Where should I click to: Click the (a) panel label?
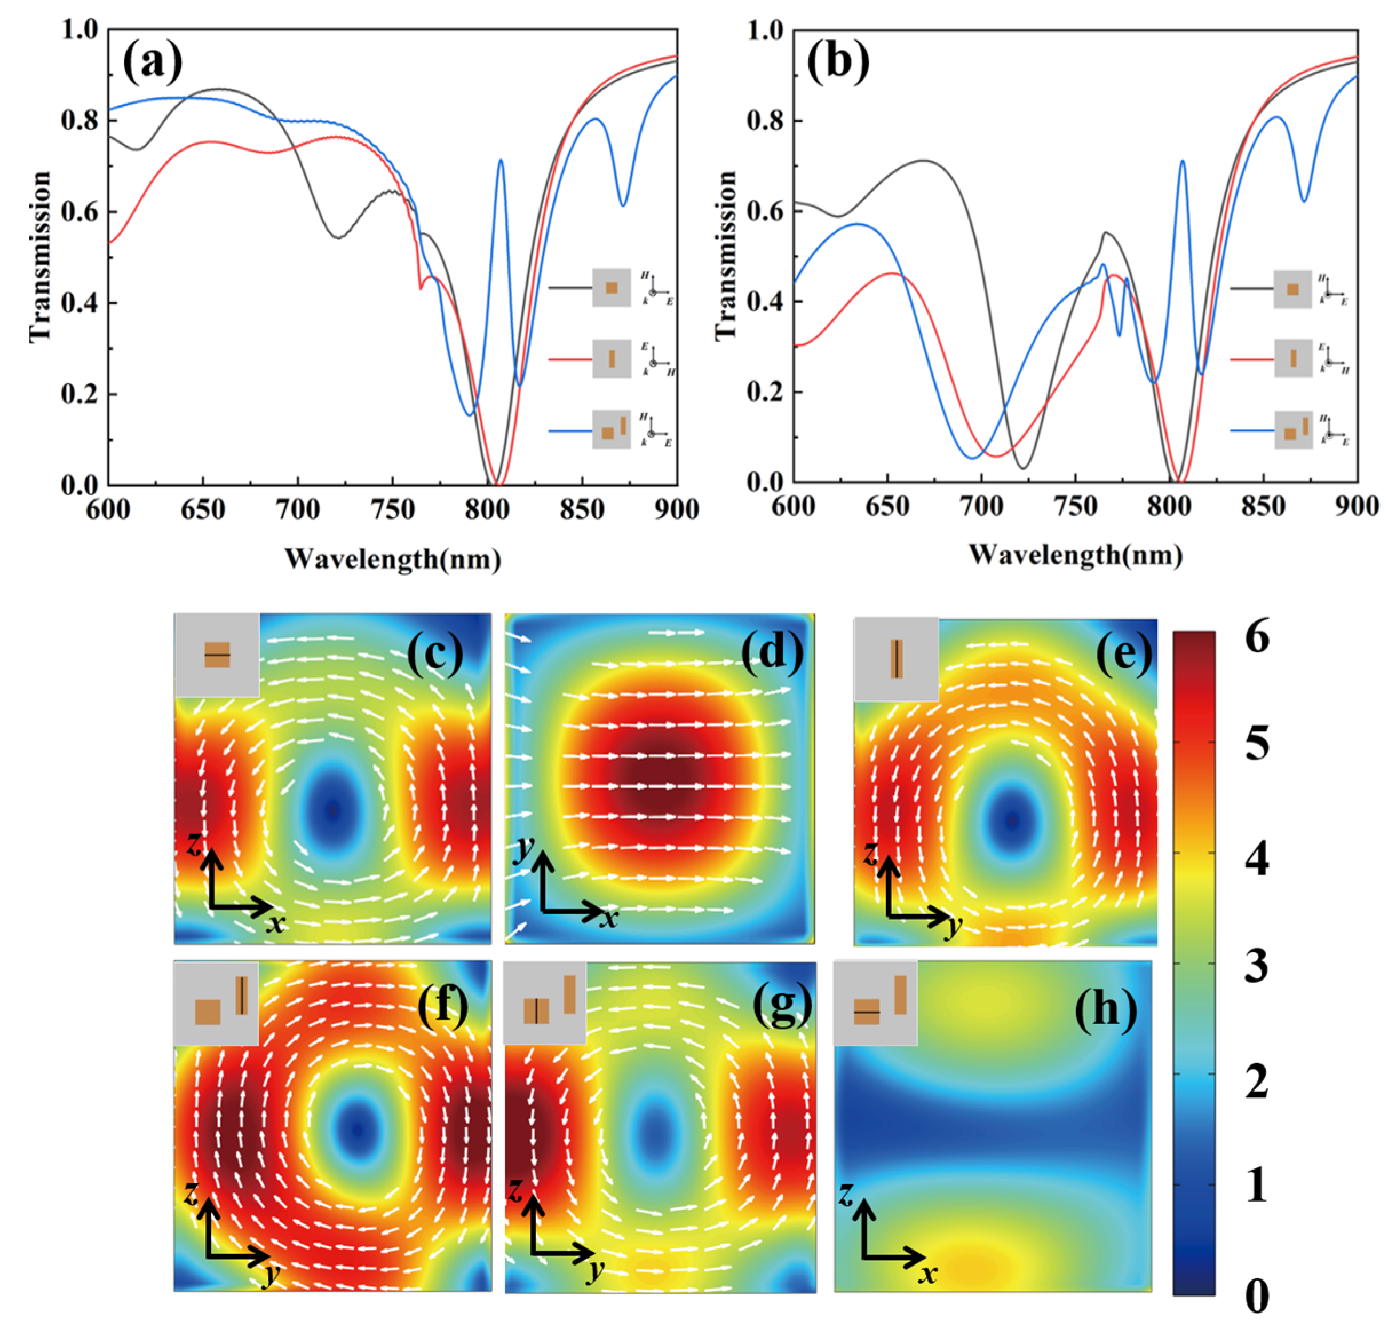point(152,62)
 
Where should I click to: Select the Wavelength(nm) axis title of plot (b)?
point(1075,554)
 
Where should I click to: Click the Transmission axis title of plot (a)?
point(41,256)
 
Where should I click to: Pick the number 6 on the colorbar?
point(1257,637)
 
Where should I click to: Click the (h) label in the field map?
point(1105,1009)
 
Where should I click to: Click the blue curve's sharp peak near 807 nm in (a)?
point(501,161)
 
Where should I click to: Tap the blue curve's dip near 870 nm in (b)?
point(1304,201)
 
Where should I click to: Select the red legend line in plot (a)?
point(569,359)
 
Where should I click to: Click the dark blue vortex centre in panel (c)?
point(332,810)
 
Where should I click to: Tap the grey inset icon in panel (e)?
point(896,659)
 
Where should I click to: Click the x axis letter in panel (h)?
point(927,1274)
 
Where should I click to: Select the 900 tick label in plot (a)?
point(676,509)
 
